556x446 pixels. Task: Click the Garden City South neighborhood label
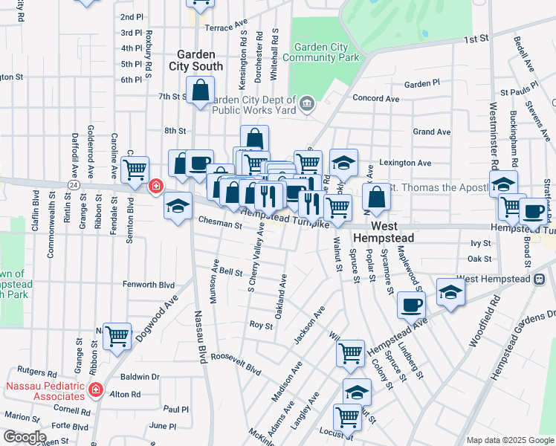[198, 60]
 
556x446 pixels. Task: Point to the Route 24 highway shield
[73, 184]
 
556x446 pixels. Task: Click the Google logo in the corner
[26, 437]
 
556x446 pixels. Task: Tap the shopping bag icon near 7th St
[201, 91]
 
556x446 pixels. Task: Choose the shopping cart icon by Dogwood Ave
[117, 337]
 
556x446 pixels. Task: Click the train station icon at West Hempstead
[539, 279]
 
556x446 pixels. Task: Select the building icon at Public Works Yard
[307, 103]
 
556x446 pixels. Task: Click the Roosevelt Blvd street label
[236, 367]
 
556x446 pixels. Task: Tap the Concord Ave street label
[376, 98]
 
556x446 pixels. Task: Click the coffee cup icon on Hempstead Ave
[411, 304]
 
